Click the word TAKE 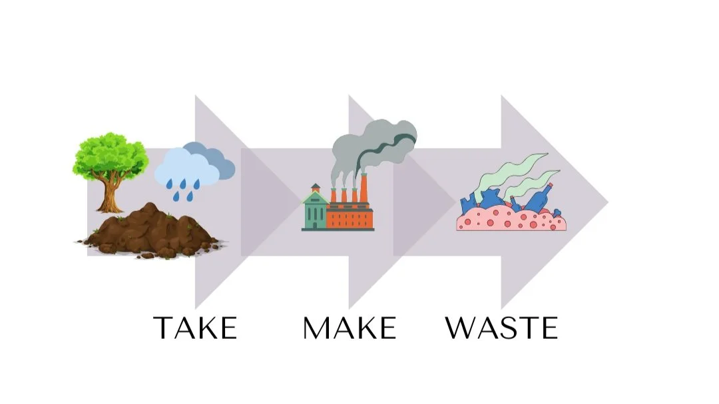pyautogui.click(x=195, y=327)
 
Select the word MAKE pyautogui.click(x=350, y=327)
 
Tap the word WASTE pyautogui.click(x=501, y=327)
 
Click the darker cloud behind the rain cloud pyautogui.click(x=220, y=163)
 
